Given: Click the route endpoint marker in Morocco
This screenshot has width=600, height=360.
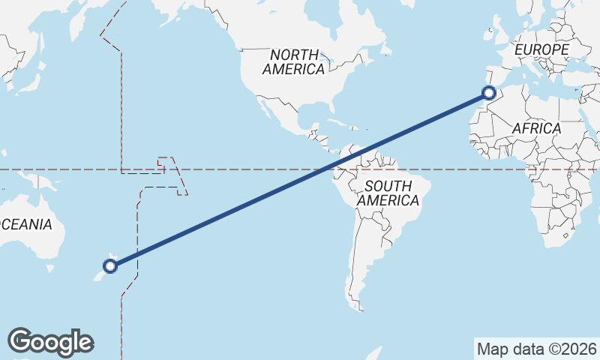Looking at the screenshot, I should click(489, 94).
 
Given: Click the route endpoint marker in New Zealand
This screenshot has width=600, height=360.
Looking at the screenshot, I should click(110, 265).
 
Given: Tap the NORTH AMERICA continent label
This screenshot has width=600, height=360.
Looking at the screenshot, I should click(294, 61).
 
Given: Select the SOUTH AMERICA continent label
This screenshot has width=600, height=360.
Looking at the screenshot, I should click(388, 193).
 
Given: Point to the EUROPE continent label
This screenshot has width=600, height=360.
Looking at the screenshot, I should click(541, 49).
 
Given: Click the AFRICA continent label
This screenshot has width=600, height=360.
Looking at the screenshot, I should click(536, 128).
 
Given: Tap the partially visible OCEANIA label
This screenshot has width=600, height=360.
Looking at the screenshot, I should click(26, 224).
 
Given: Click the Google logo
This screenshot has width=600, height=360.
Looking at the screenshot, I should click(50, 342).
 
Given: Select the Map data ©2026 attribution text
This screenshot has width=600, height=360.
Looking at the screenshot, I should click(536, 349).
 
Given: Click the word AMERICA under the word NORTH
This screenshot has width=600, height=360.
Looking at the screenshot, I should click(294, 69).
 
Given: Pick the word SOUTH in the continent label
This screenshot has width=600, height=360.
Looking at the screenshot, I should click(388, 186).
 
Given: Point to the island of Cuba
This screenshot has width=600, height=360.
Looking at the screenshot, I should click(337, 121).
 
